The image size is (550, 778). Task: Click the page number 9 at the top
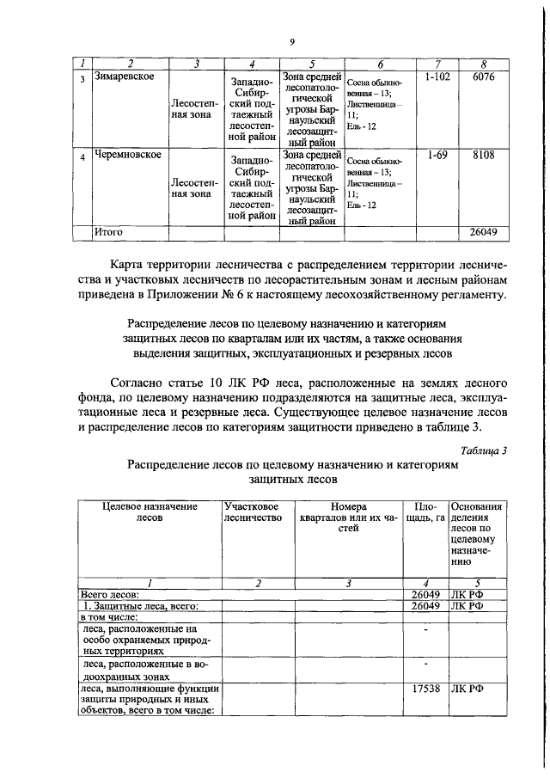pos(291,43)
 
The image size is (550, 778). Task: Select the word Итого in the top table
pos(109,232)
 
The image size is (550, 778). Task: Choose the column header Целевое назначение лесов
pos(150,513)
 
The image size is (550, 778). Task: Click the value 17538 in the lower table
pos(425,688)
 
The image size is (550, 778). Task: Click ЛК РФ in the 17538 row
pos(468,688)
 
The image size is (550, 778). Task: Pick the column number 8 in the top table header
pos(484,64)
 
